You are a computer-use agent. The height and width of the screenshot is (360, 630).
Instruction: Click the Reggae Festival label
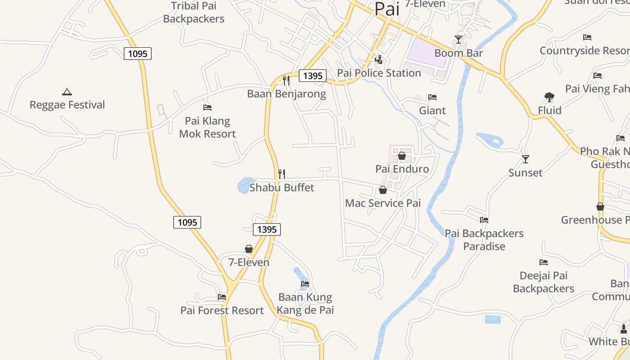point(67,105)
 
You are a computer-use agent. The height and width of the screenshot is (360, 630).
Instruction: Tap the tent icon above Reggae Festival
point(67,92)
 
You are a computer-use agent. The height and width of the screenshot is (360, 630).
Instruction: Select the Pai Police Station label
point(379,73)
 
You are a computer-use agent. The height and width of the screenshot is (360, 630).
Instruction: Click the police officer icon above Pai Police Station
point(379,60)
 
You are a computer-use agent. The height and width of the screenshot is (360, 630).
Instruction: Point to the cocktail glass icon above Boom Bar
point(458,40)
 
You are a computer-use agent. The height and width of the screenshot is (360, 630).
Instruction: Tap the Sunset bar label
point(525,173)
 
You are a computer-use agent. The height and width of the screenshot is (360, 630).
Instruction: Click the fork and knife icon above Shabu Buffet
point(282,174)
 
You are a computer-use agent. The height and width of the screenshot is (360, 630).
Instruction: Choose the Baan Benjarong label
point(286,94)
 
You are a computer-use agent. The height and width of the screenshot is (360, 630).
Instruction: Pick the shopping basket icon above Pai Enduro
point(402,156)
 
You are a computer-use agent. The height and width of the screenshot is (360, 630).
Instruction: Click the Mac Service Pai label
point(382,203)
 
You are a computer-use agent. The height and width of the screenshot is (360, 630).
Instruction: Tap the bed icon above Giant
point(432,97)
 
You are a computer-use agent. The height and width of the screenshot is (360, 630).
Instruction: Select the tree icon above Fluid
point(549,97)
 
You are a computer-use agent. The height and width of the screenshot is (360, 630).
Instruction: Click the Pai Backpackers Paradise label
point(484,240)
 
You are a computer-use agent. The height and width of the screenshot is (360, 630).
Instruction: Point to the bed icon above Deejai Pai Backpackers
point(544,262)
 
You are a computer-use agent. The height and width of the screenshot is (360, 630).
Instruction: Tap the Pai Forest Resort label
point(222,310)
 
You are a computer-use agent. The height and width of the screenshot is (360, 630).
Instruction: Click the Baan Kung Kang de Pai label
point(305,304)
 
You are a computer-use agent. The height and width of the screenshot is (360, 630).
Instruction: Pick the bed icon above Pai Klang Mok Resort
point(207,108)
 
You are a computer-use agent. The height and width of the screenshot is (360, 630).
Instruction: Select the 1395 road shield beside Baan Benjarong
point(313,76)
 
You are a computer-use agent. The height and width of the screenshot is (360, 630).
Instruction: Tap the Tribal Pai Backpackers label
point(193,12)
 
